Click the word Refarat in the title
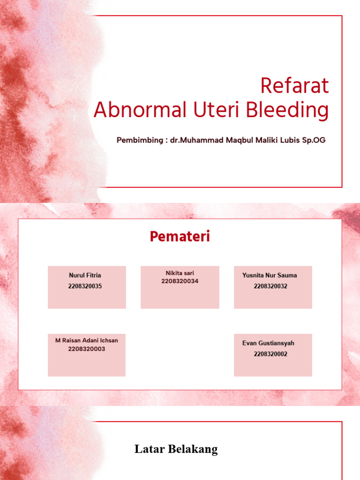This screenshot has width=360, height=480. pyautogui.click(x=294, y=86)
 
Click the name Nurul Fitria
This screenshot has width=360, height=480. pyautogui.click(x=85, y=275)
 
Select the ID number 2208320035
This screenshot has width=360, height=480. pyautogui.click(x=85, y=286)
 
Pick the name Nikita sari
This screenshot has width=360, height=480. pyautogui.click(x=180, y=273)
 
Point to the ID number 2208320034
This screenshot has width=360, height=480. pyautogui.click(x=180, y=281)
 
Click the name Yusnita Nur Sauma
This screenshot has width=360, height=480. pyautogui.click(x=270, y=275)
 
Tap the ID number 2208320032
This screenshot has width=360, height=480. pyautogui.click(x=270, y=286)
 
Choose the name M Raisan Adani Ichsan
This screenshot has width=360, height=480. pyautogui.click(x=87, y=340)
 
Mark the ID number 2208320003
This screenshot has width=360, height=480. pyautogui.click(x=87, y=349)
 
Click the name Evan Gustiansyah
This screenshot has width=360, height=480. pyautogui.click(x=268, y=343)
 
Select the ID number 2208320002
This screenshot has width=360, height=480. pyautogui.click(x=270, y=354)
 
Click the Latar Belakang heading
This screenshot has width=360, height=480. pyautogui.click(x=176, y=450)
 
